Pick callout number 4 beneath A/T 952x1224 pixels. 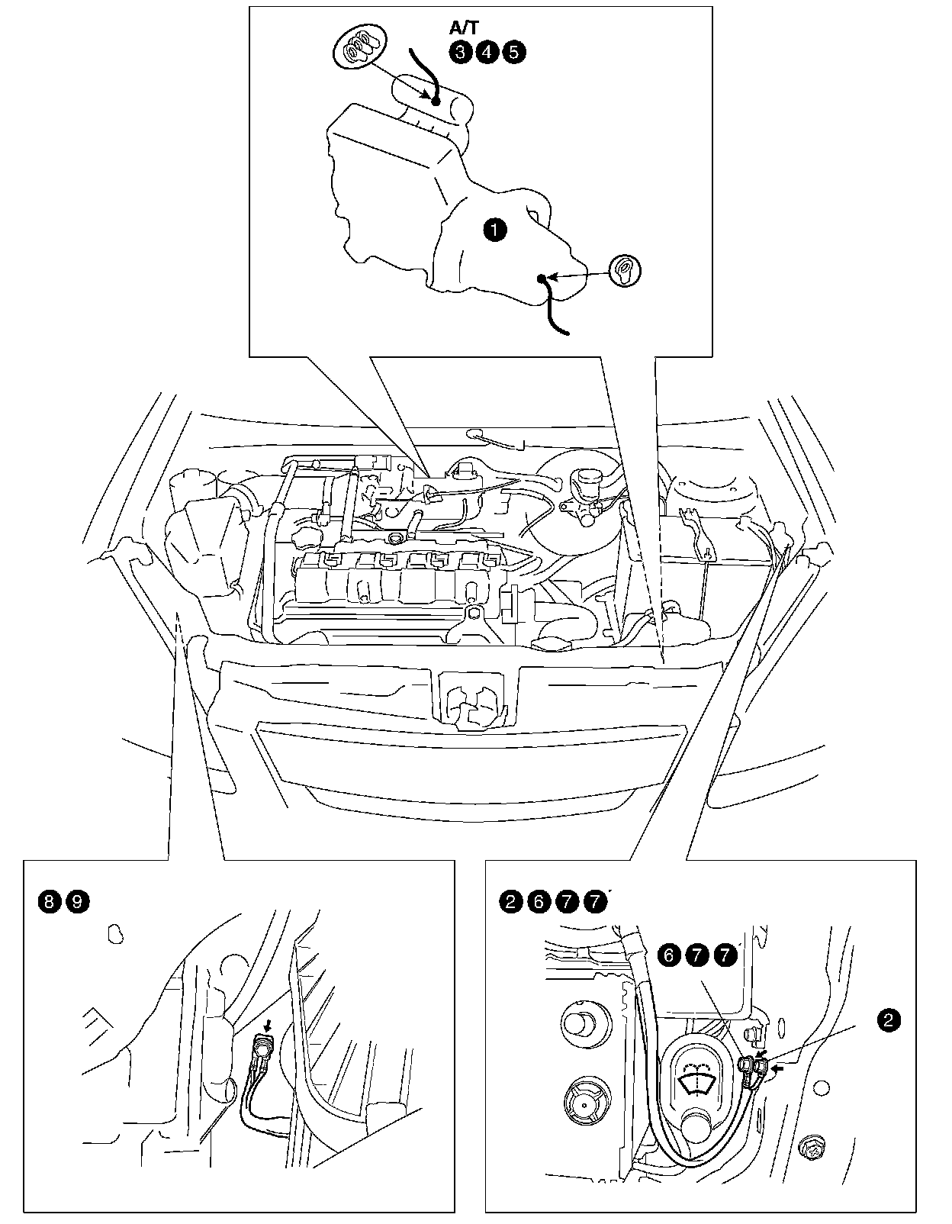(x=487, y=52)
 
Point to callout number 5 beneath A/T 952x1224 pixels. (x=513, y=52)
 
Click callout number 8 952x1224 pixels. (x=49, y=902)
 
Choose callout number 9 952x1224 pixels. (x=77, y=902)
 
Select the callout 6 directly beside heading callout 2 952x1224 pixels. (x=539, y=902)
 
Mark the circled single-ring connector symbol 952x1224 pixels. (x=625, y=269)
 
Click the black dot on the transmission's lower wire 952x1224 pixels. (x=542, y=279)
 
